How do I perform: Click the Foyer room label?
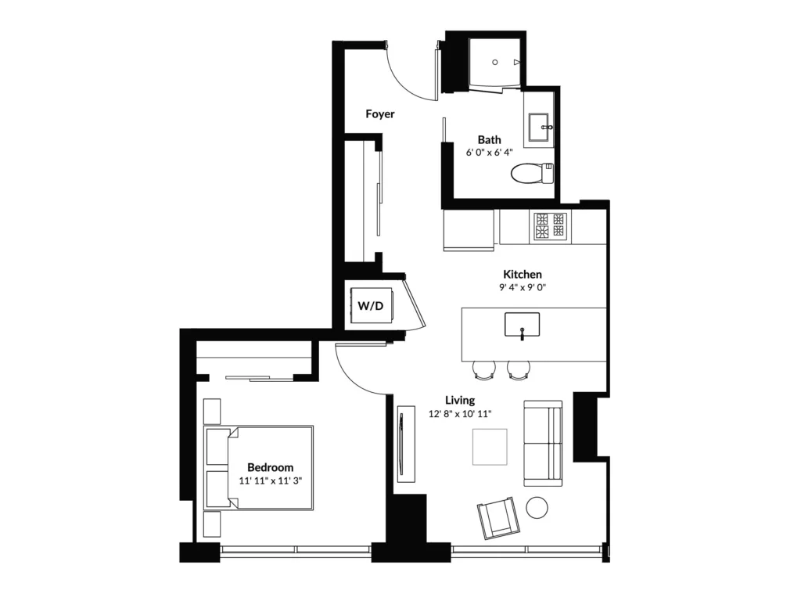[x=380, y=114]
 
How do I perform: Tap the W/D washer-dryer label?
[x=370, y=306]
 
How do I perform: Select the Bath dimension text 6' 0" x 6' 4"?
[x=489, y=153]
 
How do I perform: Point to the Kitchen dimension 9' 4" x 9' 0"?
[x=522, y=287]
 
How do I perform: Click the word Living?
[x=460, y=400]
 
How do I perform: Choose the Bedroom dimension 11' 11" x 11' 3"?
[x=270, y=480]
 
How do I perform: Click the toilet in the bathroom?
[x=532, y=173]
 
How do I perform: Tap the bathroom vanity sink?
[x=538, y=128]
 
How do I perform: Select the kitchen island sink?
[x=522, y=325]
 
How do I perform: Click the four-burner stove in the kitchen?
[x=550, y=226]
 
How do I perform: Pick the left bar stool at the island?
[x=483, y=370]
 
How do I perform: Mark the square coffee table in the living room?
[x=490, y=447]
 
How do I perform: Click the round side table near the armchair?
[x=537, y=507]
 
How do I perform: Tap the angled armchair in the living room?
[x=498, y=518]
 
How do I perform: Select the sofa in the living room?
[x=543, y=443]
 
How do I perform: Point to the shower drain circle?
[x=495, y=63]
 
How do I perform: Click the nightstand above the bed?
[x=212, y=412]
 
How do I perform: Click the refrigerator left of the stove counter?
[x=469, y=230]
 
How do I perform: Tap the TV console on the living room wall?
[x=407, y=443]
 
